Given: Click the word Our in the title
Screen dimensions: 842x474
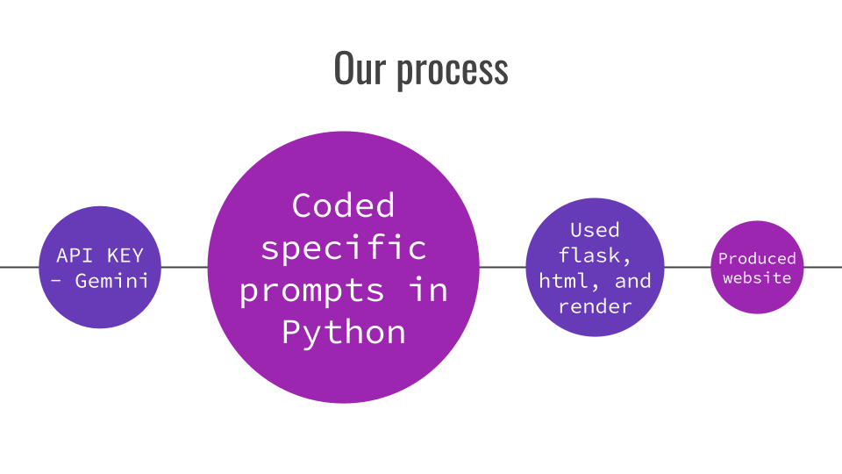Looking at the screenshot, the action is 360,68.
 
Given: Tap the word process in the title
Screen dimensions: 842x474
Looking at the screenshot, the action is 452,70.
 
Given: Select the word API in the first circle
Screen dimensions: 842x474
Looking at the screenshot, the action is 75,255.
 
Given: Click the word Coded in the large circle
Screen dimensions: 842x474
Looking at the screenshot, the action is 344,206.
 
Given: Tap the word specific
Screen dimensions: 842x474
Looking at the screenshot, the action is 344,248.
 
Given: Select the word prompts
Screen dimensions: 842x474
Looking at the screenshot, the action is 312,291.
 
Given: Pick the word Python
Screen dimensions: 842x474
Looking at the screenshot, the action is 344,333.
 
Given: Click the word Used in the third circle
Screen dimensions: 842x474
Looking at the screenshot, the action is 595,230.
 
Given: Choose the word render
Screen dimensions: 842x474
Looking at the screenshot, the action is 595,306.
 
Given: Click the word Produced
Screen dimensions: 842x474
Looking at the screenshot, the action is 757,258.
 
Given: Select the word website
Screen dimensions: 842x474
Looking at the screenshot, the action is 757,277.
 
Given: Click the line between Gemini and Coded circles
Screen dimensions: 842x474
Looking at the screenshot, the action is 184,267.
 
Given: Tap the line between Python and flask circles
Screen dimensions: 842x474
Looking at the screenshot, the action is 503,267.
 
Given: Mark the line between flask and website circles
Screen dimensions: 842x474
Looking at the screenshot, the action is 687,267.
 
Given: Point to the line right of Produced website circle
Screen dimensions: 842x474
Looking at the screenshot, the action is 824,267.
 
